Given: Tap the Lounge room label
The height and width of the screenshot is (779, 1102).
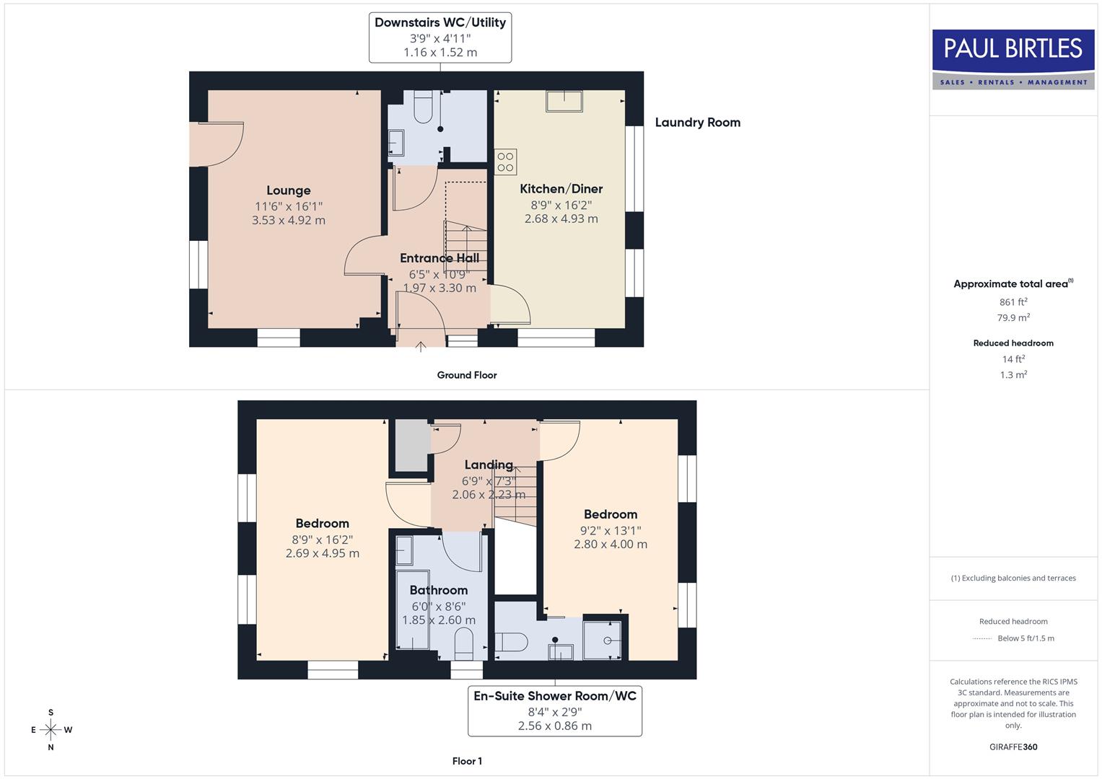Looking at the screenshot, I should (x=288, y=190).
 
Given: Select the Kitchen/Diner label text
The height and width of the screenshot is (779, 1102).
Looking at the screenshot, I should (x=561, y=189).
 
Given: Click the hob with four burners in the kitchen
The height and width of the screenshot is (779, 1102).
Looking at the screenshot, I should (x=505, y=162).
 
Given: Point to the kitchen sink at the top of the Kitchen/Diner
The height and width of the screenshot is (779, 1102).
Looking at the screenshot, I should (x=564, y=101).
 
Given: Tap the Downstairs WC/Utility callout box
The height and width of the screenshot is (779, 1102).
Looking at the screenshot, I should (x=440, y=37).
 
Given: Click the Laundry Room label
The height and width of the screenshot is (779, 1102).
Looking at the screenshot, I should (x=697, y=123).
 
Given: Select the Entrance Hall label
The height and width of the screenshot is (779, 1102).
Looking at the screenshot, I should (x=439, y=258).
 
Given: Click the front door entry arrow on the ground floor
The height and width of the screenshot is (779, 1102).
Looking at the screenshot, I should (x=421, y=347).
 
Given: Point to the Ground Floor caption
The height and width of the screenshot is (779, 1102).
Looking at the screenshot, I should (x=467, y=375).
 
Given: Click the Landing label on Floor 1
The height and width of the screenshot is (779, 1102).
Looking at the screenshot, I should (x=489, y=465).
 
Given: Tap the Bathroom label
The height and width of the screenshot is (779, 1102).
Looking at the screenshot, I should (x=438, y=590).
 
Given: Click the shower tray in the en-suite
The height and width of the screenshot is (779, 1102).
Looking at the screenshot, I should (x=602, y=638).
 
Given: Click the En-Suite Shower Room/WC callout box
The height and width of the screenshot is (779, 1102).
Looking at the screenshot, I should (x=554, y=710).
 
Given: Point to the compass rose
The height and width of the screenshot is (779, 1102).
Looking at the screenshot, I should (x=51, y=730).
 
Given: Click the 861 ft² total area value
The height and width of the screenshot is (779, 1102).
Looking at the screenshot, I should (x=1013, y=302).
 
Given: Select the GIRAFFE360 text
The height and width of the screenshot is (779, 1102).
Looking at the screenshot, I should (x=1013, y=747).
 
